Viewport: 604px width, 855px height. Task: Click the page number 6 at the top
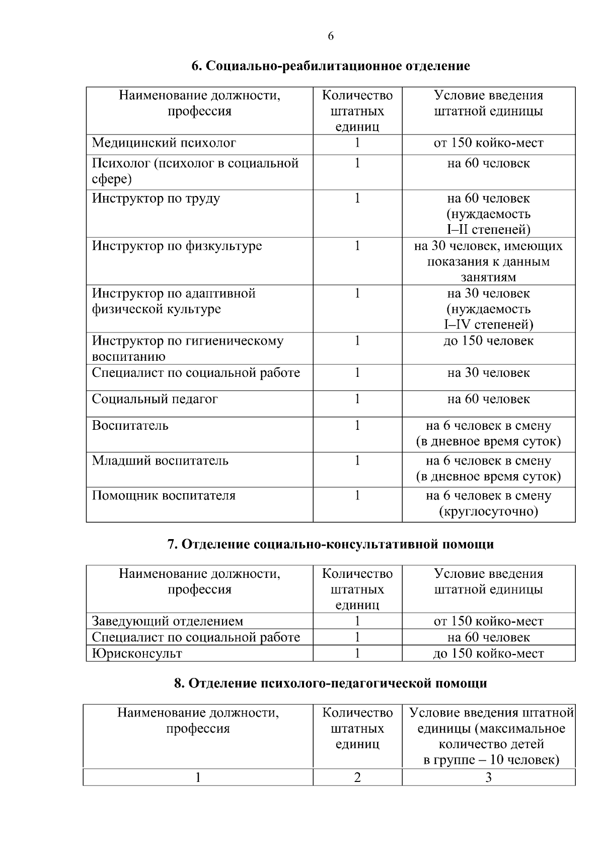click(331, 36)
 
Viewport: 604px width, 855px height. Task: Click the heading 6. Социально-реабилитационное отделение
click(331, 66)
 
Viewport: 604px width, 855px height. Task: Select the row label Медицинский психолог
click(164, 143)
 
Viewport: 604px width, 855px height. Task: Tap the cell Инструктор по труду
click(156, 199)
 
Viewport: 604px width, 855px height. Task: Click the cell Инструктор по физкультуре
click(177, 246)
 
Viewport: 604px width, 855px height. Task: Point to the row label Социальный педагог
click(155, 400)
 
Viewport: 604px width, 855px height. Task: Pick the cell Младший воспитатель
click(160, 461)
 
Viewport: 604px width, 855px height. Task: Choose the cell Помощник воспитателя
click(164, 496)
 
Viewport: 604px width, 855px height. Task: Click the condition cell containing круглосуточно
click(488, 504)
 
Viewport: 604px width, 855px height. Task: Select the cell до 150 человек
click(488, 341)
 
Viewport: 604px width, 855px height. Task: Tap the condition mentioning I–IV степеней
click(488, 309)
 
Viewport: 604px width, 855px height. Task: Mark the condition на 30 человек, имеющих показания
click(488, 261)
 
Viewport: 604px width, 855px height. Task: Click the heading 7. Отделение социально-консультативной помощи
click(331, 545)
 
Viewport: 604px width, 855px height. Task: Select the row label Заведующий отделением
click(167, 622)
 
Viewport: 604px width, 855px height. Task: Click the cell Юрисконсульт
click(137, 654)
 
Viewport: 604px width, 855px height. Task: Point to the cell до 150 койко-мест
click(488, 654)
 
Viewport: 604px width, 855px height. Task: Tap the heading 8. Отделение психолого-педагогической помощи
click(331, 684)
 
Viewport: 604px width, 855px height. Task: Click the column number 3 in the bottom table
click(488, 778)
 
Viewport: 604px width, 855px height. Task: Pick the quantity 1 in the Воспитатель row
click(357, 426)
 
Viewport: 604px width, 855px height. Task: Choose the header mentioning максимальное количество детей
click(491, 737)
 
